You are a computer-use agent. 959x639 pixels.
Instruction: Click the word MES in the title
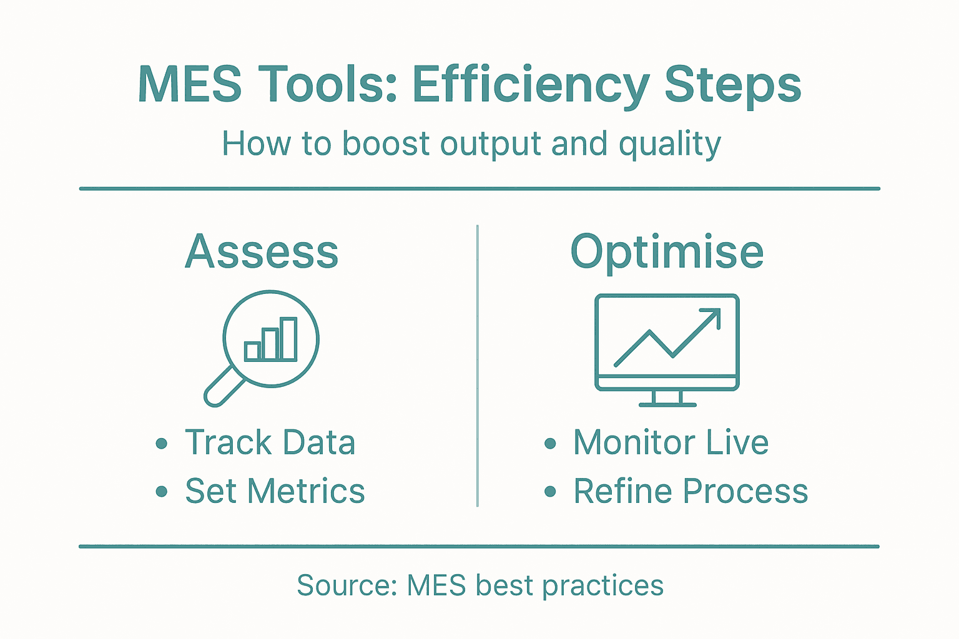tap(190, 84)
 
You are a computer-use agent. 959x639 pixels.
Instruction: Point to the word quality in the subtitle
tap(669, 145)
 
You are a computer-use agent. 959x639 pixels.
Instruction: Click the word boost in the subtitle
tap(386, 144)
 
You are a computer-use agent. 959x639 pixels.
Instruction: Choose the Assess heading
tap(262, 251)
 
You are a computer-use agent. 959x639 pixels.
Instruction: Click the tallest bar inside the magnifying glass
tap(288, 339)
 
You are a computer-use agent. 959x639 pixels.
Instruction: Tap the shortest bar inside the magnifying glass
tap(252, 351)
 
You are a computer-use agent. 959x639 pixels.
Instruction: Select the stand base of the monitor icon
tap(667, 404)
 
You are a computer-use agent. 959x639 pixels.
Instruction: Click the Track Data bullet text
tap(270, 443)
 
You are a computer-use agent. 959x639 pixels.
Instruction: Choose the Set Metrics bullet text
tap(275, 491)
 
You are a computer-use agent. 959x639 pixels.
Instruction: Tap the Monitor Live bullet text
tap(671, 443)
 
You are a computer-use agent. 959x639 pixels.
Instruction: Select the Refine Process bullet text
tap(691, 491)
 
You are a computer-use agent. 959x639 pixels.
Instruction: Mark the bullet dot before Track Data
tap(162, 444)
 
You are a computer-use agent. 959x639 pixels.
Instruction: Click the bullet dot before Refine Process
tap(550, 492)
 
